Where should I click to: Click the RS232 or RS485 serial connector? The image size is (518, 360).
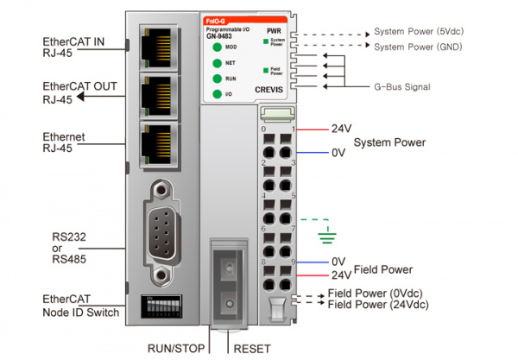coord(161,231)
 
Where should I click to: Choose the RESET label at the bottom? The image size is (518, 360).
coord(252,349)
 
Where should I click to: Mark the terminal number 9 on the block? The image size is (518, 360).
coord(294,262)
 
